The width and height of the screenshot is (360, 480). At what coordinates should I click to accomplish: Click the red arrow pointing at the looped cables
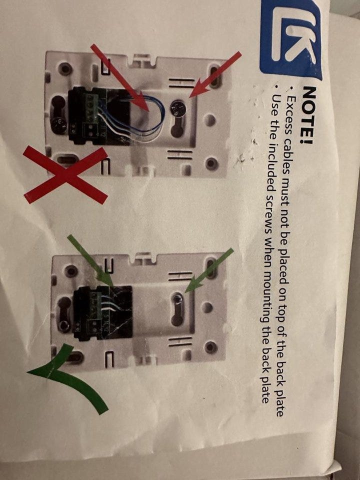point(119,77)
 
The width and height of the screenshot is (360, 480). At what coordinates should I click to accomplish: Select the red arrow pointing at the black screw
point(215,74)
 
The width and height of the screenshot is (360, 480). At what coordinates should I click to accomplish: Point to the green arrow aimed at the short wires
point(90,261)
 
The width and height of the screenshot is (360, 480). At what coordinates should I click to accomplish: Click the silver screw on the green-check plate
point(177,299)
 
